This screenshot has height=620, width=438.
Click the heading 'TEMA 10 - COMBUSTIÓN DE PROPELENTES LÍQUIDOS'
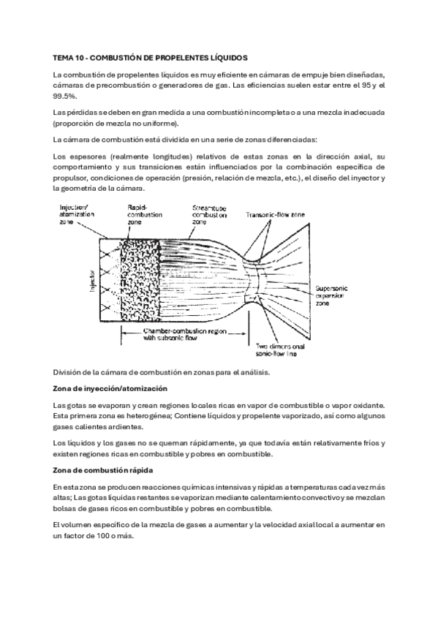pyautogui.click(x=150, y=58)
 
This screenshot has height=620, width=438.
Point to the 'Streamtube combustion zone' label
pyautogui.click(x=210, y=215)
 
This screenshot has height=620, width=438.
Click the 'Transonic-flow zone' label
pyautogui.click(x=275, y=215)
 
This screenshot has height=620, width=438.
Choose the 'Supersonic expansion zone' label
pyautogui.click(x=331, y=296)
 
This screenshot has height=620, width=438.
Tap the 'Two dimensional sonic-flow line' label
pyautogui.click(x=280, y=350)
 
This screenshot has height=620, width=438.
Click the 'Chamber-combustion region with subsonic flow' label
pyautogui.click(x=184, y=335)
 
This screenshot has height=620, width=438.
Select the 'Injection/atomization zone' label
pyautogui.click(x=77, y=214)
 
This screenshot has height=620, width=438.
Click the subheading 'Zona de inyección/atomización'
pyautogui.click(x=110, y=389)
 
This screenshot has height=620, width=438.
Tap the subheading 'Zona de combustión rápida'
pyautogui.click(x=103, y=471)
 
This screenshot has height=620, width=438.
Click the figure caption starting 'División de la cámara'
pyautogui.click(x=162, y=372)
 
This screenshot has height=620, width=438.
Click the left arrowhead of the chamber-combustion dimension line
pyautogui.click(x=123, y=333)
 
